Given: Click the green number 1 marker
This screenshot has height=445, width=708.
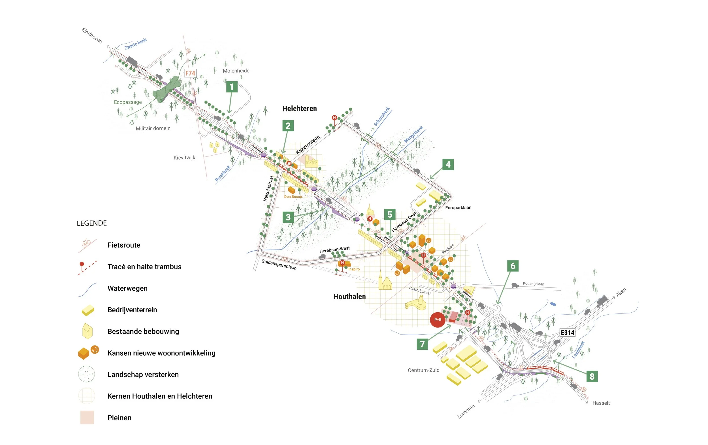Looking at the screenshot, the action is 232,87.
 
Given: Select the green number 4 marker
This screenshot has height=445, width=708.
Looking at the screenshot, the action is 448,164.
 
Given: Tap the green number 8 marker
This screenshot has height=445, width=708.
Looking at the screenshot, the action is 592,376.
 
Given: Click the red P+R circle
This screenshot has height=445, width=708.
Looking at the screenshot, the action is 438,320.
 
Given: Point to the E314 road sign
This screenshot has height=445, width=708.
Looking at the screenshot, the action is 568,332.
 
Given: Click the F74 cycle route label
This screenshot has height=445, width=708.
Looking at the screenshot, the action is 190,73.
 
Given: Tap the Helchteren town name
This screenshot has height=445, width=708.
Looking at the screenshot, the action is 300,109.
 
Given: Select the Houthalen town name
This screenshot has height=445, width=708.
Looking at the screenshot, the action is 349,297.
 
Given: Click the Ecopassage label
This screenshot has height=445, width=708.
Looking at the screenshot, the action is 128,102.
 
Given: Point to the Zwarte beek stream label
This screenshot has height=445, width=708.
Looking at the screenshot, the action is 136,44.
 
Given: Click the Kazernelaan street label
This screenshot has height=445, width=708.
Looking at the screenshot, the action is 308,145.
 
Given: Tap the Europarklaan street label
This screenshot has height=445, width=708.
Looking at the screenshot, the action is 458,208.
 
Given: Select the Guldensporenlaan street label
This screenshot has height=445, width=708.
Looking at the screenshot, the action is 279,264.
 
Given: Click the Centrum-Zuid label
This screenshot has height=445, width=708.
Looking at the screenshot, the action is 423,370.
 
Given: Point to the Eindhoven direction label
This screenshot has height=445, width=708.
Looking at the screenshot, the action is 92,36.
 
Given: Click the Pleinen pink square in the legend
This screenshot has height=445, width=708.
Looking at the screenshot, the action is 87,417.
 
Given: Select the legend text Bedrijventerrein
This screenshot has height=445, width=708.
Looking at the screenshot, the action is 132,309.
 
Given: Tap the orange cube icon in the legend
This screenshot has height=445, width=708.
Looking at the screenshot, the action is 84,353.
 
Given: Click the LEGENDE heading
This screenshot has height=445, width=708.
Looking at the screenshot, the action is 92,223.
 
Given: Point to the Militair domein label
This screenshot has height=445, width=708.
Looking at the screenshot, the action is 153,128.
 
